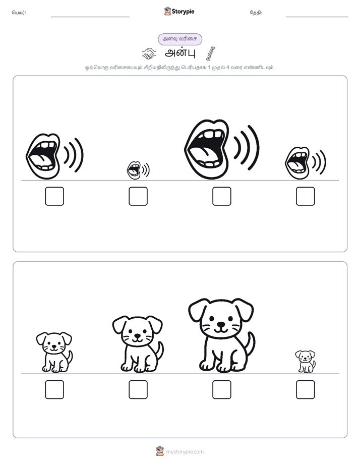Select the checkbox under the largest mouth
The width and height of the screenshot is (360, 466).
tap(221, 196)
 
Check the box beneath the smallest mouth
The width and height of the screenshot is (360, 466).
tap(138, 196)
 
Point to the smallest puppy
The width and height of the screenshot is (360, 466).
tap(306, 362)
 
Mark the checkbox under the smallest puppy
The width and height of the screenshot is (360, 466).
tap(306, 390)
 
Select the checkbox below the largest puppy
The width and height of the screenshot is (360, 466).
tap(221, 390)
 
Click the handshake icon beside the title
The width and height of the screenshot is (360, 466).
tap(149, 53)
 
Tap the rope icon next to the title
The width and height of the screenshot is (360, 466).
tap(211, 53)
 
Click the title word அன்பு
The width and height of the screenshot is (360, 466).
tap(180, 53)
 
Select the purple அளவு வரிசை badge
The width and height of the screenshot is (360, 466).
tap(180, 39)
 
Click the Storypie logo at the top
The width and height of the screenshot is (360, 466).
tap(179, 11)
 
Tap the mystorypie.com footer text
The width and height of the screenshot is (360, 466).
tap(185, 452)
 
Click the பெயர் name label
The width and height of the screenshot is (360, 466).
tap(19, 13)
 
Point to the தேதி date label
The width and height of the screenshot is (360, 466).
tap(256, 13)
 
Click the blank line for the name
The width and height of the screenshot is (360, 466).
tap(90, 17)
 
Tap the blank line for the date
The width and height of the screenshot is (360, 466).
tap(317, 17)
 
